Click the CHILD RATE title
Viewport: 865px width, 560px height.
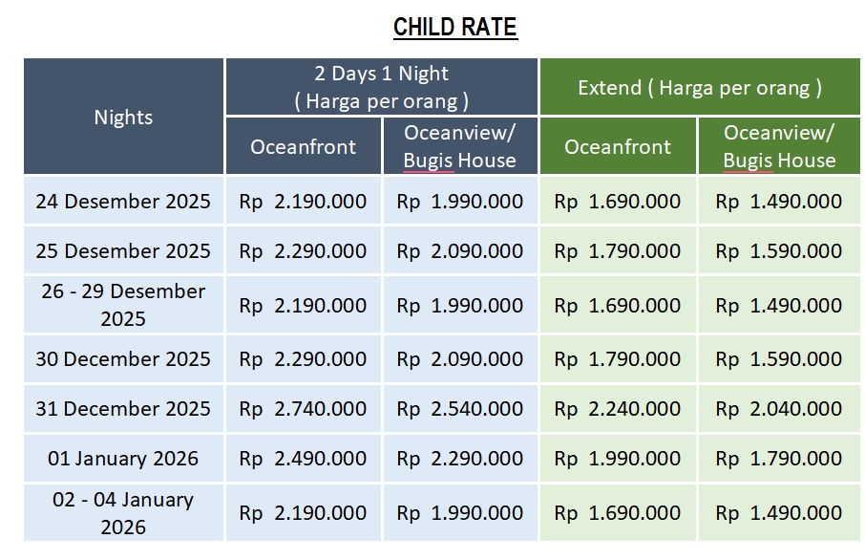454,27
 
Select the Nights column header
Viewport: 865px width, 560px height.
123,118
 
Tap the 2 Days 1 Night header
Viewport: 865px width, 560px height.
382,87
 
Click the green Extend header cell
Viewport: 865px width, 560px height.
700,88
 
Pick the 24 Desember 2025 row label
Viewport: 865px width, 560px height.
123,202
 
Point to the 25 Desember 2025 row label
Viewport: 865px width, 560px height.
123,251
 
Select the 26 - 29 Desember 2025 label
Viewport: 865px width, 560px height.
123,305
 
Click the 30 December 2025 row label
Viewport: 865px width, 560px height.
123,359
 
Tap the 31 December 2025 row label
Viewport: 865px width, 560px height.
123,409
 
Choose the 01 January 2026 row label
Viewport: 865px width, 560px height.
123,459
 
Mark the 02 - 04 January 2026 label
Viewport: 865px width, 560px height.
123,512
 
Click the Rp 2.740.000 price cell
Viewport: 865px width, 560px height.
303,409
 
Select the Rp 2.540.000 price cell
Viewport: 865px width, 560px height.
460,409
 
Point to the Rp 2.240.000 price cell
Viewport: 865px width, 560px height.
618,409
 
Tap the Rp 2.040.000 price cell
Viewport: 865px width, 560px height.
779,409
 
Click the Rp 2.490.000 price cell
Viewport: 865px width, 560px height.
303,459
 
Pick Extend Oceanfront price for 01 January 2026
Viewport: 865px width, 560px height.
618,459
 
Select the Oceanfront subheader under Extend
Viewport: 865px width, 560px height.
618,147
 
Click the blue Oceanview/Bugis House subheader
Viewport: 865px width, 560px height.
460,146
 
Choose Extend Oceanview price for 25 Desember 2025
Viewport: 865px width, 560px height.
779,251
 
